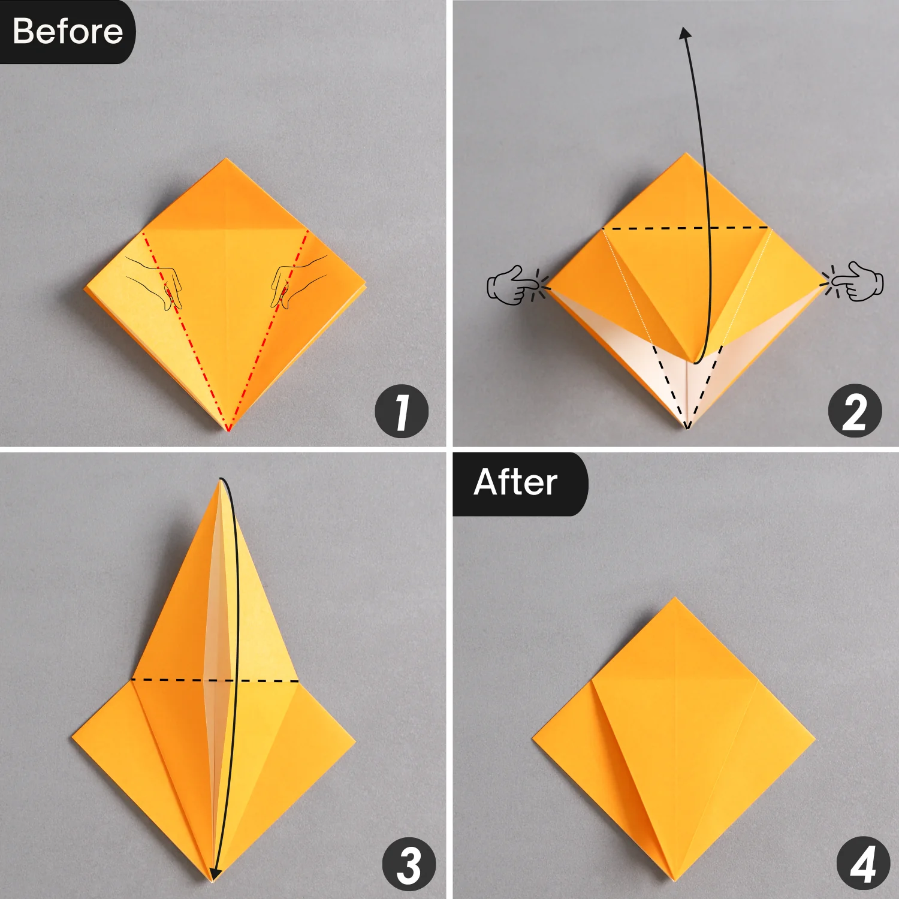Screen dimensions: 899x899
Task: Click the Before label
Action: pos(67,31)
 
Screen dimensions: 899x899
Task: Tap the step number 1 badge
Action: pos(402,412)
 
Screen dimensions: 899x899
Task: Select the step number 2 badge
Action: pos(855,412)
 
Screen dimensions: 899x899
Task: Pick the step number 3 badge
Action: pos(409,865)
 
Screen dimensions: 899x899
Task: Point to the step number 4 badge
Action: pos(863,865)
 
